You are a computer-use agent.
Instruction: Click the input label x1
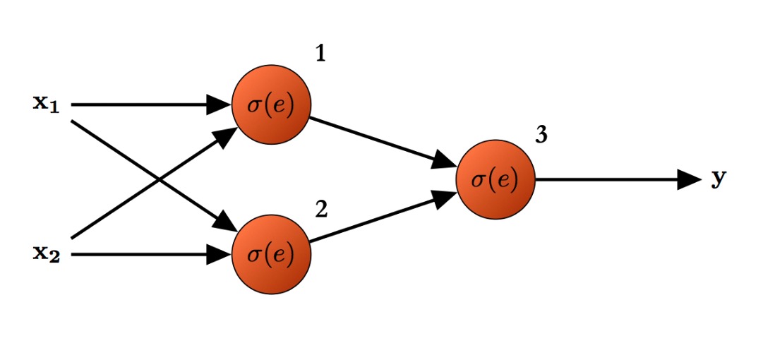pos(47,105)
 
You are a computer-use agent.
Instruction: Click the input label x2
pos(47,254)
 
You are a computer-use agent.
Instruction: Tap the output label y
pos(719,179)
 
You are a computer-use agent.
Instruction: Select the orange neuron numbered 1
pos(271,106)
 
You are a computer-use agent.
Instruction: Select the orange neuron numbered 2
pos(271,255)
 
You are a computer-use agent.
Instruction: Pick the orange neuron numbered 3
pos(495,179)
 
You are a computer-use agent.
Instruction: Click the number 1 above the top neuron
pos(320,54)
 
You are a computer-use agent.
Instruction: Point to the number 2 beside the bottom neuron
pos(321,210)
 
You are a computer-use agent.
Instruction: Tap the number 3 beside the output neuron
pos(541,135)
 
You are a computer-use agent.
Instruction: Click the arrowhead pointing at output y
pos(687,179)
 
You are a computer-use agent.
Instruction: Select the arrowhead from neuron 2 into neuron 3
pos(445,199)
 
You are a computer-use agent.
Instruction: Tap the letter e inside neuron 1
pos(280,106)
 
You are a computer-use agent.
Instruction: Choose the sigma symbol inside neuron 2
pos(254,255)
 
